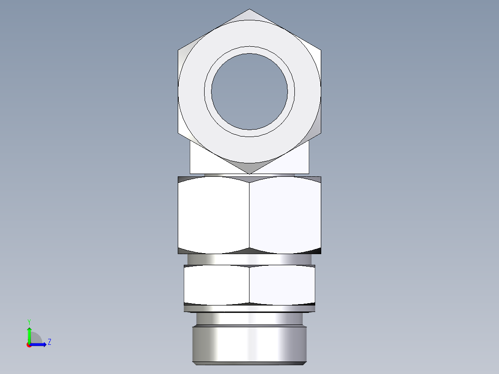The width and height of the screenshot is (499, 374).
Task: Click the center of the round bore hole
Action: [249, 91]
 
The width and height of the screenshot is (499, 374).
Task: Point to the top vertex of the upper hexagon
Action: [249, 9]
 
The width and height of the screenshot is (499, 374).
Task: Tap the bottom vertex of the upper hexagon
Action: [249, 174]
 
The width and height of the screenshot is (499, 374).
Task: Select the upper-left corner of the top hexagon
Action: [178, 50]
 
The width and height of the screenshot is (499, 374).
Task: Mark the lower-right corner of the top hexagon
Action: [321, 133]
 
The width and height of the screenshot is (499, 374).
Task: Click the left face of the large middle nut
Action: [213, 215]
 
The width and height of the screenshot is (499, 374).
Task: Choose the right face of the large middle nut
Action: [285, 215]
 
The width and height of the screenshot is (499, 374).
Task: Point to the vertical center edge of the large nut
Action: [249, 215]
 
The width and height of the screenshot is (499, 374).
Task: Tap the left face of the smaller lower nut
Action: [217, 285]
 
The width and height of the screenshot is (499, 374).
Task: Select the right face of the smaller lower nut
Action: [282, 285]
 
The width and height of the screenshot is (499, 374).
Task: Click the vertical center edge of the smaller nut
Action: [249, 285]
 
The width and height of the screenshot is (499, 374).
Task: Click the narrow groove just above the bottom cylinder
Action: [249, 319]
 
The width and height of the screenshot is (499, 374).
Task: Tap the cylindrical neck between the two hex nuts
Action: [249, 259]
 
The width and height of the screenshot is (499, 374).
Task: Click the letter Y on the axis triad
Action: [29, 322]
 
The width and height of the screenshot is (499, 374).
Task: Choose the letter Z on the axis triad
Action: [49, 342]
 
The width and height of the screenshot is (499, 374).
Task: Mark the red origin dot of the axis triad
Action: [29, 345]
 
